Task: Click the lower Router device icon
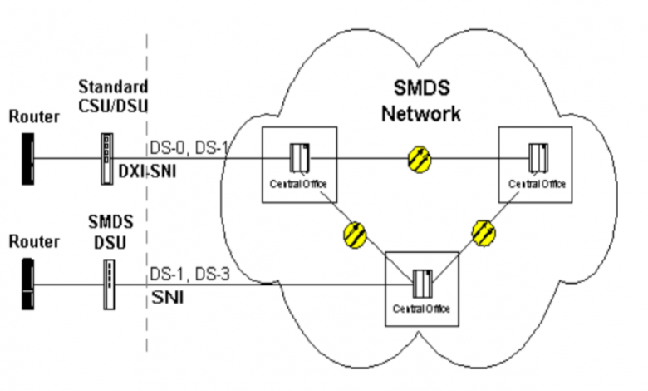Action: [x=27, y=285]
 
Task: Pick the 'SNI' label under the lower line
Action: [x=164, y=296]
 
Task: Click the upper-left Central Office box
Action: [x=298, y=163]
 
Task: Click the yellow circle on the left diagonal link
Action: [x=355, y=234]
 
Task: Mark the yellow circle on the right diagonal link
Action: [x=484, y=232]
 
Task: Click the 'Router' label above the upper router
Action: [x=34, y=117]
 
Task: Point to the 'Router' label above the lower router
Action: [x=34, y=242]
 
